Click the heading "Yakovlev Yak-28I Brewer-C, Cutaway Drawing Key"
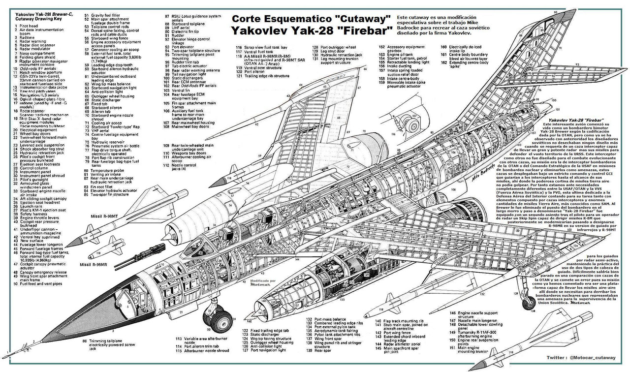click(41, 16)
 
